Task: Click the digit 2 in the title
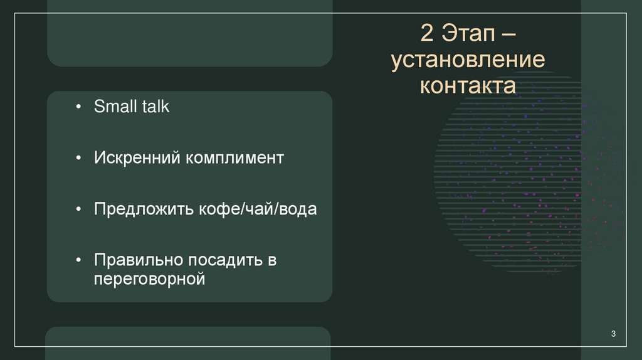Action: pyautogui.click(x=427, y=33)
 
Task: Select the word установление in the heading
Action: pyautogui.click(x=468, y=60)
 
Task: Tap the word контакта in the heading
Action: pyautogui.click(x=468, y=85)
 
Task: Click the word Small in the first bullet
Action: pyautogui.click(x=115, y=107)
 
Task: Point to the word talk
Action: pyautogui.click(x=155, y=107)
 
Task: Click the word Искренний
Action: pyautogui.click(x=136, y=157)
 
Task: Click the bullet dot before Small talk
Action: pyautogui.click(x=78, y=107)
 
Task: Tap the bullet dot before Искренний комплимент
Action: pyautogui.click(x=78, y=158)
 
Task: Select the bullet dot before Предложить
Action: pyautogui.click(x=78, y=209)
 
